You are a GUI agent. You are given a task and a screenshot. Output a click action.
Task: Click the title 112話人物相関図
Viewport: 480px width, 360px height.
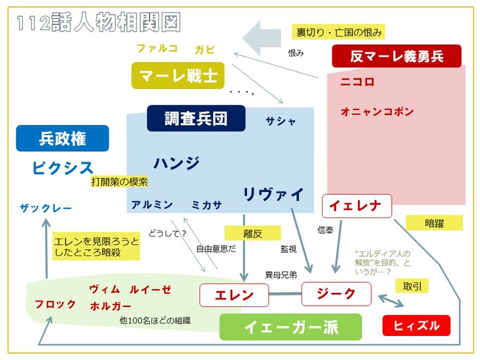pyautogui.click(x=98, y=22)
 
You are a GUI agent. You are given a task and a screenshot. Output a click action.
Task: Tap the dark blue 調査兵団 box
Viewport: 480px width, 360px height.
pyautogui.click(x=196, y=118)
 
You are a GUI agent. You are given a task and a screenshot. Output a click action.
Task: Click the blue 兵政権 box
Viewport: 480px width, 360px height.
pyautogui.click(x=63, y=138)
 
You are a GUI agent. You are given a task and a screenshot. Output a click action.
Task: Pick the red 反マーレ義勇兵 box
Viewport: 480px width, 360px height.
pyautogui.click(x=396, y=56)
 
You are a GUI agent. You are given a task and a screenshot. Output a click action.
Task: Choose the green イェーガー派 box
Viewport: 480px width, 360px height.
pyautogui.click(x=290, y=327)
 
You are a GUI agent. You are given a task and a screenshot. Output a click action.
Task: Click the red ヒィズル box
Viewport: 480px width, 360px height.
pyautogui.click(x=416, y=325)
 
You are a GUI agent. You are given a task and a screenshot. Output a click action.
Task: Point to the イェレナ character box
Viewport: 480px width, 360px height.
pyautogui.click(x=356, y=206)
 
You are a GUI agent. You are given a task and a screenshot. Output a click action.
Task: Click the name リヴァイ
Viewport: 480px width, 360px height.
pyautogui.click(x=273, y=193)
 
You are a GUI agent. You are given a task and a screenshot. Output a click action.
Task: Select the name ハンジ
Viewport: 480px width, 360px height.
pyautogui.click(x=176, y=162)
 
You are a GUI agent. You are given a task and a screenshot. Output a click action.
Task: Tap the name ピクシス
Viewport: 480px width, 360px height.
pyautogui.click(x=63, y=168)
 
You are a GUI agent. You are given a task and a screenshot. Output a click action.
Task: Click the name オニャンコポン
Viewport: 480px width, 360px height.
pyautogui.click(x=377, y=112)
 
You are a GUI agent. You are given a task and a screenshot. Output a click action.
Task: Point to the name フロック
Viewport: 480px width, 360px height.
pyautogui.click(x=55, y=304)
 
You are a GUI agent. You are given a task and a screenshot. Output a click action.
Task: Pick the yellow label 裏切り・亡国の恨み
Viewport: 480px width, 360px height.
pyautogui.click(x=338, y=32)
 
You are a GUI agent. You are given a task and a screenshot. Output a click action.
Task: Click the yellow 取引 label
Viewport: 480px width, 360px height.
pyautogui.click(x=412, y=286)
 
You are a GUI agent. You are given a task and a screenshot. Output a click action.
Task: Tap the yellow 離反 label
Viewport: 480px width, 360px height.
pyautogui.click(x=252, y=233)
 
